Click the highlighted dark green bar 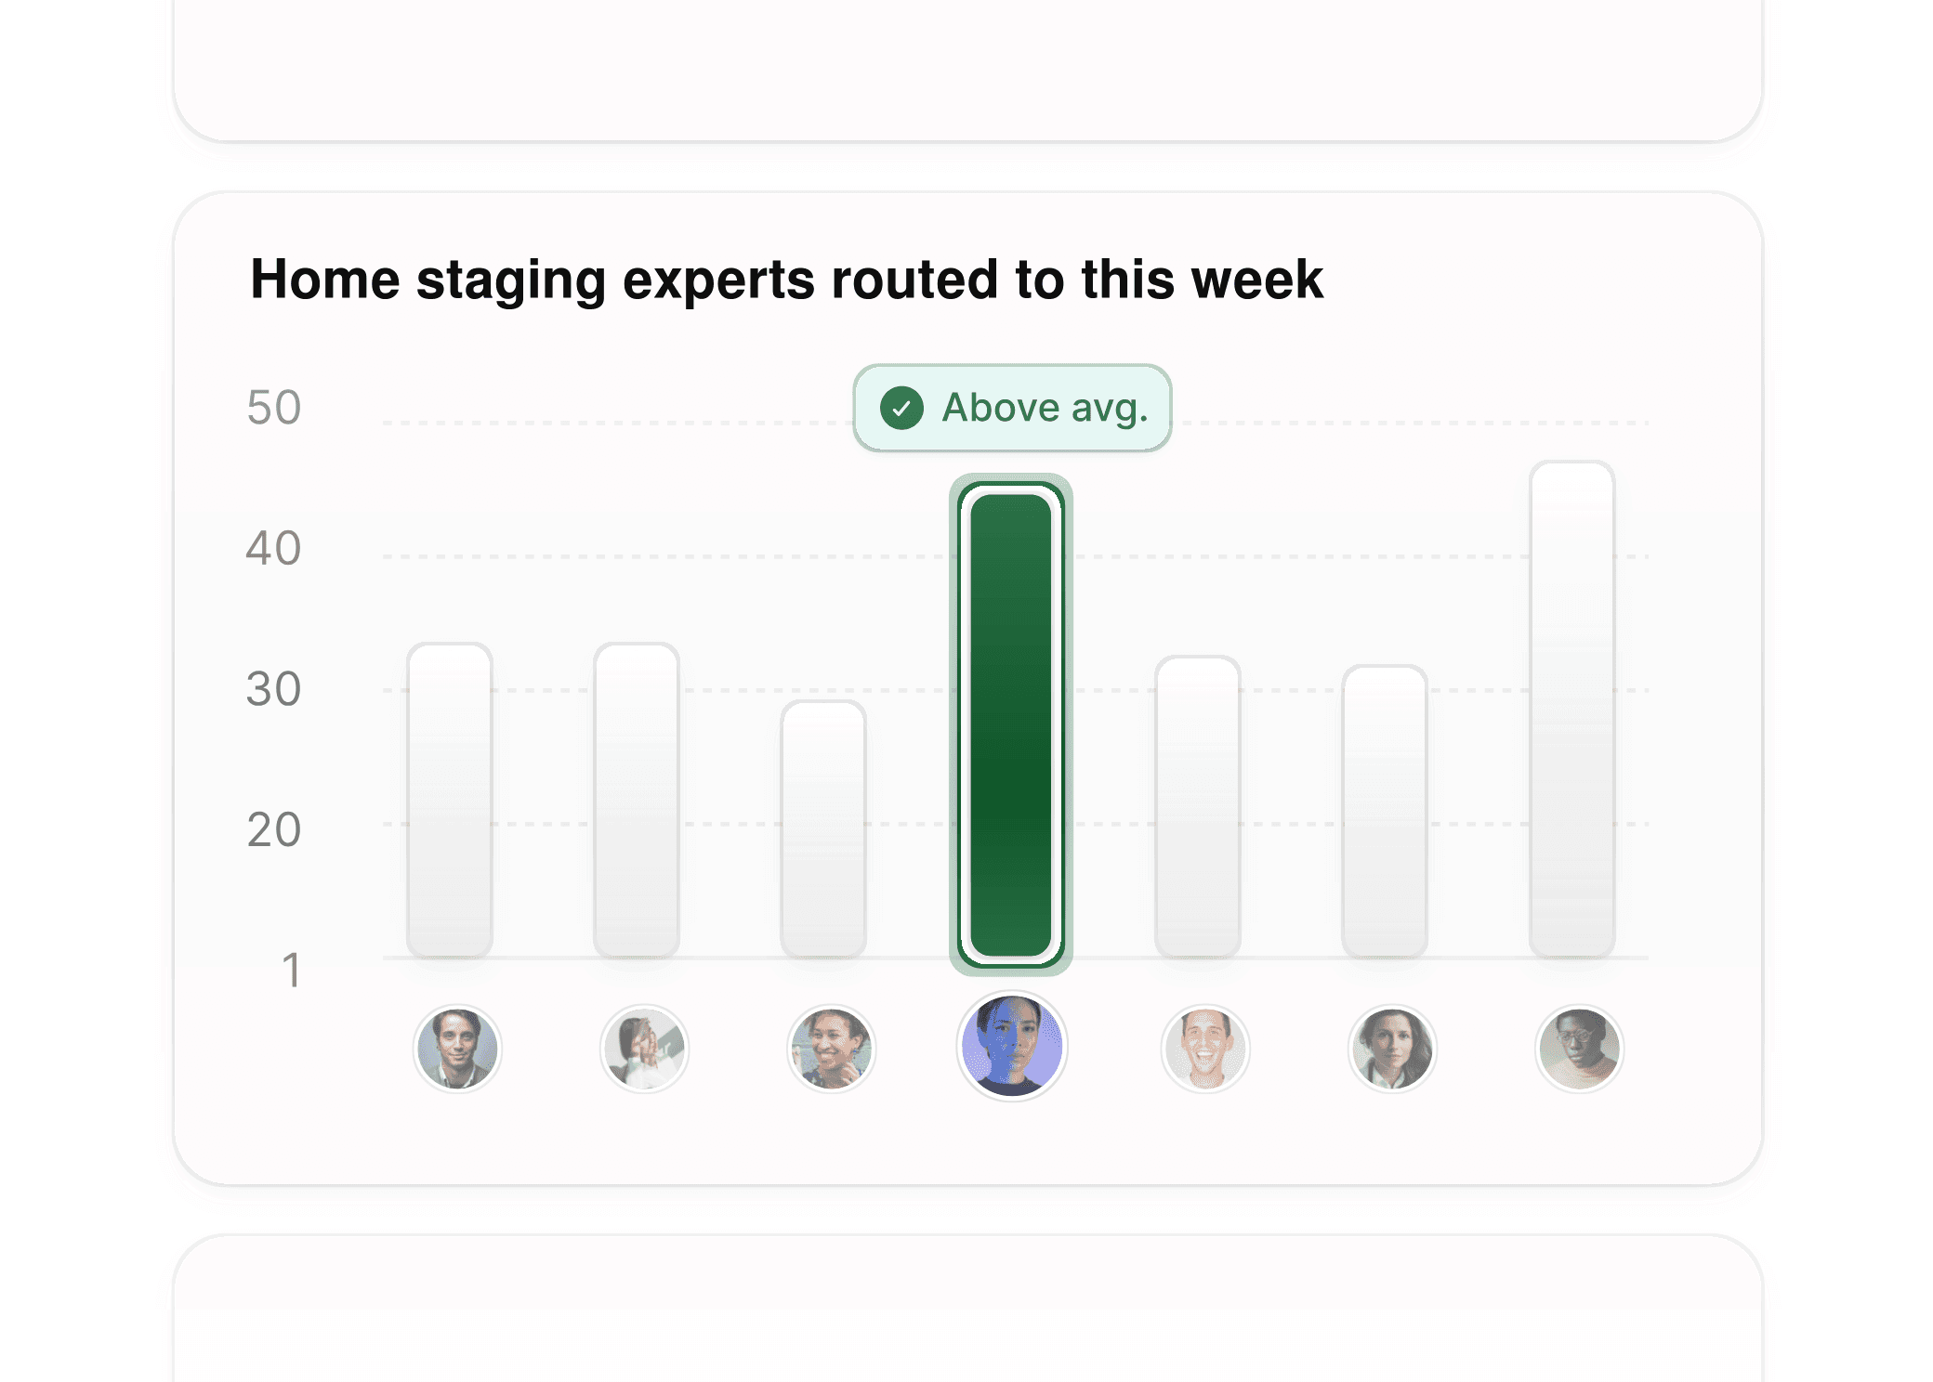pos(1011,724)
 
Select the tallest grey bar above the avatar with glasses pos(1571,711)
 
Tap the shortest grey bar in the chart pos(823,828)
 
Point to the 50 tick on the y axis pos(273,408)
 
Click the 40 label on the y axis pos(273,548)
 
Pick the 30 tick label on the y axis pos(273,689)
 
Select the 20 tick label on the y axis pos(273,829)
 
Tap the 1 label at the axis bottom pos(291,971)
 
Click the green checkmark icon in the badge pos(901,408)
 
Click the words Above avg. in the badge pos(1045,408)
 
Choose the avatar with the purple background pos(1011,1047)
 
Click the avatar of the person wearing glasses pos(1579,1049)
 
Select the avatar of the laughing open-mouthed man pos(1205,1049)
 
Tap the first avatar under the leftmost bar pos(456,1049)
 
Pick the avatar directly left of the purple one pos(831,1049)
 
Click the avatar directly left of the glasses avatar pos(1391,1049)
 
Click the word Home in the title pos(324,280)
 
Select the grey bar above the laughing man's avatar pos(1197,806)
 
